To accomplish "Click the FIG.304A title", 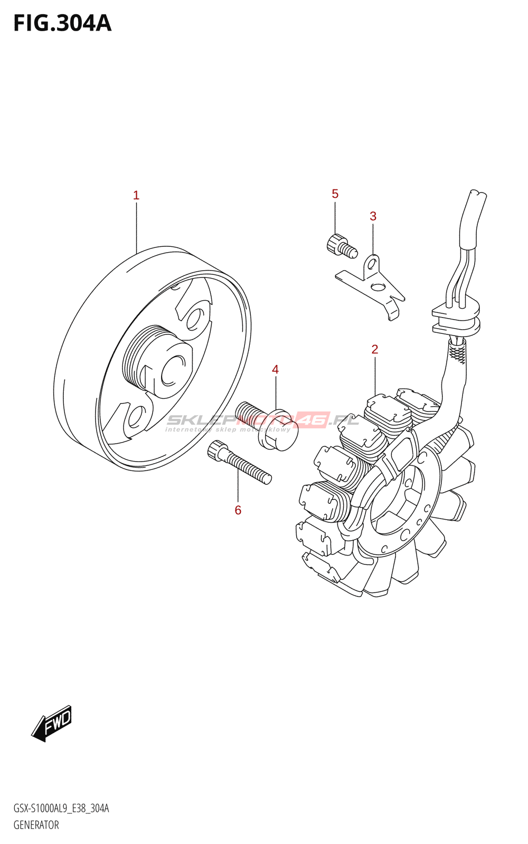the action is coord(62,24).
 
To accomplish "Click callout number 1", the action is coord(136,196).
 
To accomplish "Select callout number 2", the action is coord(375,349).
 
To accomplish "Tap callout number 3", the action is coord(373,216).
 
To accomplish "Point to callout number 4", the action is coord(275,370).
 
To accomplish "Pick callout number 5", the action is coord(335,194).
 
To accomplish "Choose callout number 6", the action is coord(238,510).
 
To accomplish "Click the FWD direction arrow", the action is coord(52,723).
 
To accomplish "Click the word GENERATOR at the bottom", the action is coord(36,825).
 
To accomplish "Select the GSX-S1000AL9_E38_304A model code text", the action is coord(61,809).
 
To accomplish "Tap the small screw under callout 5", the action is coord(341,246).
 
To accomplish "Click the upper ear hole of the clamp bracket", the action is coord(373,262).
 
